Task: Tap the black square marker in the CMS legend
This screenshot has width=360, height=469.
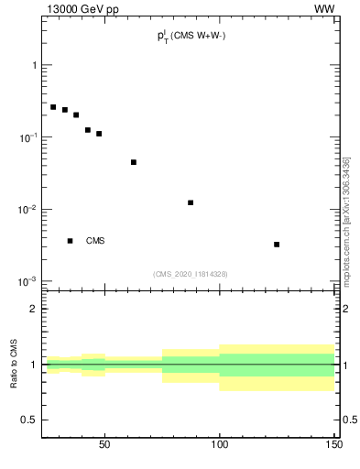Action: tap(70, 241)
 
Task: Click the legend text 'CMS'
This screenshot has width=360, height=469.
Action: tap(95, 241)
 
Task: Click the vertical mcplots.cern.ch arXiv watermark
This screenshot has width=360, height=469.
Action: tap(346, 220)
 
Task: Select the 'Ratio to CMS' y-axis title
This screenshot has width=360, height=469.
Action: tap(14, 365)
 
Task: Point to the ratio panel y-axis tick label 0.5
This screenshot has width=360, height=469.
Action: tap(28, 420)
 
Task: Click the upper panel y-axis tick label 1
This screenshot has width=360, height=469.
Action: tap(34, 65)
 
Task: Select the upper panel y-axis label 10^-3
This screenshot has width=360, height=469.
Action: tap(27, 281)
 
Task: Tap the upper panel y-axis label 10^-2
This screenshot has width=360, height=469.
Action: tap(27, 210)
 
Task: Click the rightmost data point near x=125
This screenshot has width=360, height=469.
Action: tap(277, 245)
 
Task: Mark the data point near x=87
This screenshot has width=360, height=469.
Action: tap(191, 202)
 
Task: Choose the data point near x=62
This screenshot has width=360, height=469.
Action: tap(134, 162)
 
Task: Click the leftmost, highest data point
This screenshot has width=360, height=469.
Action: tap(53, 107)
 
